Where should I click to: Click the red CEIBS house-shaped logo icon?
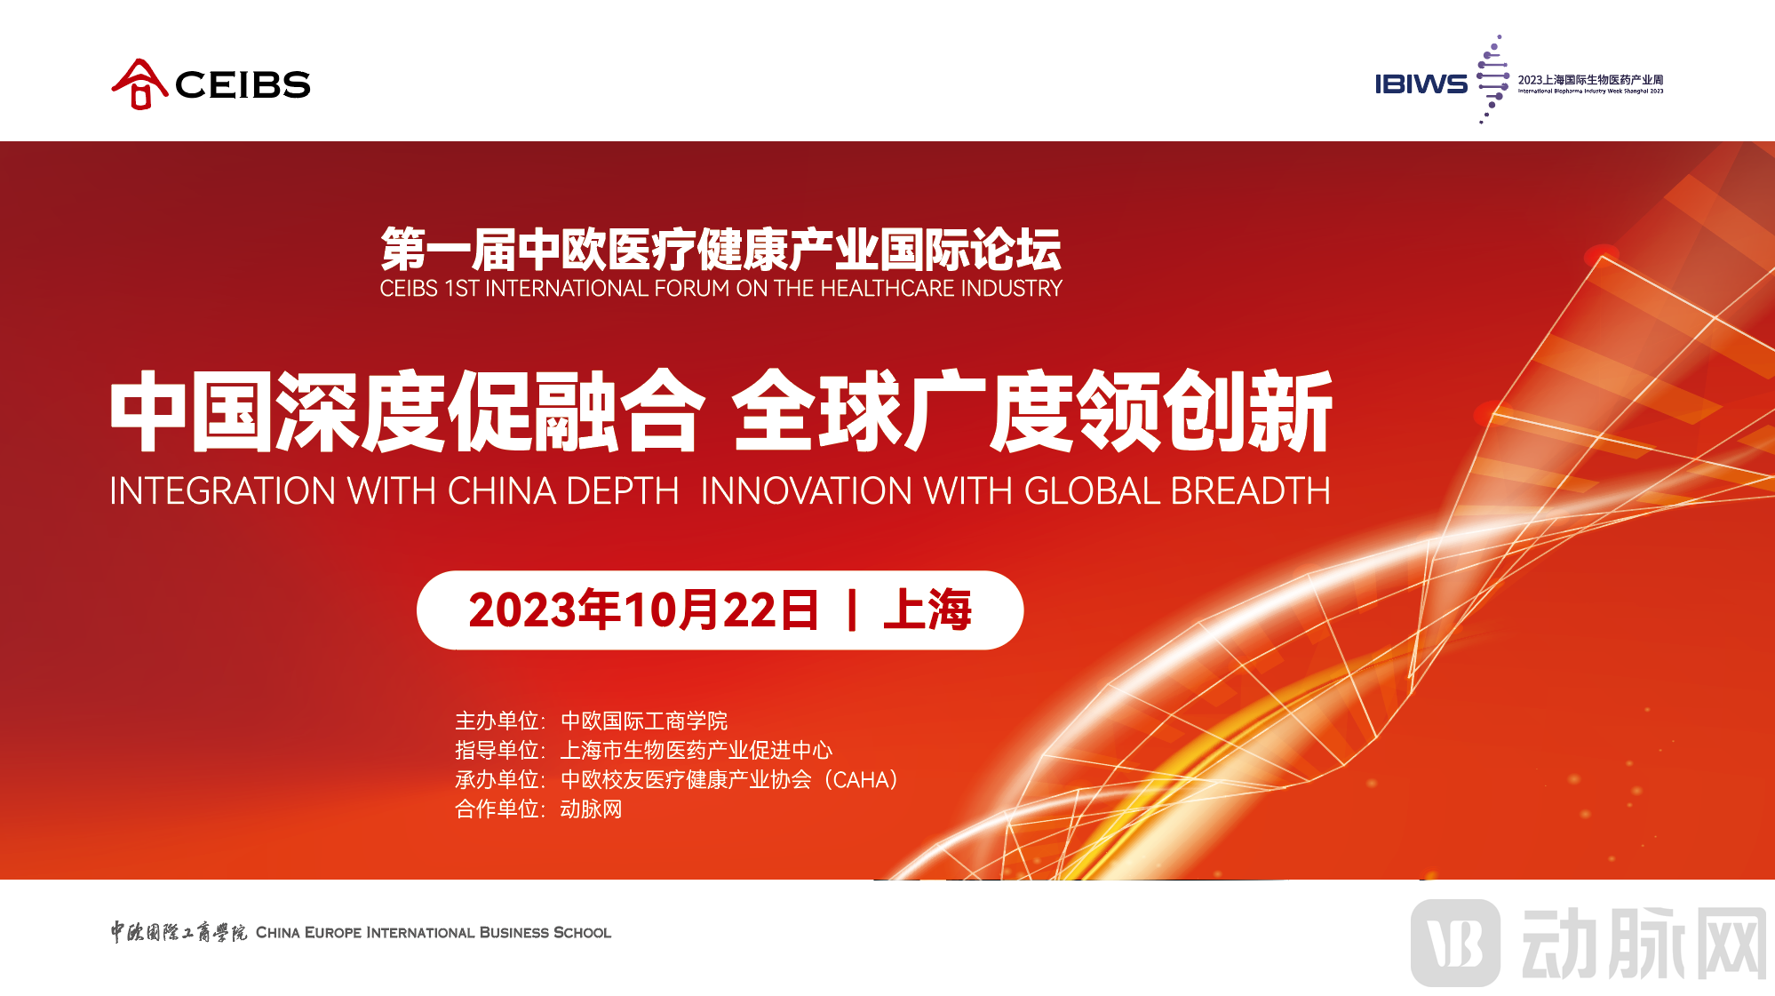(139, 84)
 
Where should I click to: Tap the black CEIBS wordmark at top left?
(243, 85)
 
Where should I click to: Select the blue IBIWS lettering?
(1421, 84)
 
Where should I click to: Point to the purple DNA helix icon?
(1492, 79)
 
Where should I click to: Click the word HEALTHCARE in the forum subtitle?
(909, 289)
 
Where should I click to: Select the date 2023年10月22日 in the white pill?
(643, 610)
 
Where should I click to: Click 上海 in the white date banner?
(927, 610)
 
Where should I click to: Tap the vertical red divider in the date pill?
(852, 610)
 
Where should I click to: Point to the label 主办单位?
(497, 721)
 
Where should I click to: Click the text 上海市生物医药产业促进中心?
(696, 750)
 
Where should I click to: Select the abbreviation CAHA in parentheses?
(861, 780)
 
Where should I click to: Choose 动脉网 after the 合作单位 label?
(591, 809)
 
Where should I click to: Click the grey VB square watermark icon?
(1456, 943)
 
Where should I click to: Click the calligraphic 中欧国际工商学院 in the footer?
(179, 932)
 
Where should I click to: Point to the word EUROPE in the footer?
(333, 933)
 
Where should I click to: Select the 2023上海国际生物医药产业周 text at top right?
(1590, 80)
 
